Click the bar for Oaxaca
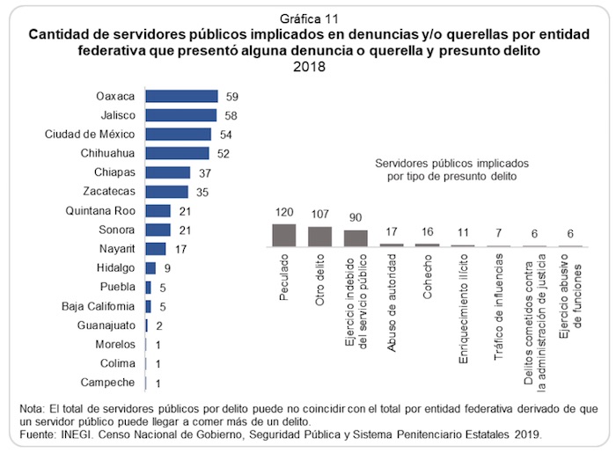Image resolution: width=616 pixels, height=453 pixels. pyautogui.click(x=181, y=96)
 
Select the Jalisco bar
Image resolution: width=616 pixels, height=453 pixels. pyautogui.click(x=181, y=114)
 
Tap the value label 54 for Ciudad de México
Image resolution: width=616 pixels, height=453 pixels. pyautogui.click(x=226, y=134)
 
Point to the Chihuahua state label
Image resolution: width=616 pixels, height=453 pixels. pyautogui.click(x=104, y=152)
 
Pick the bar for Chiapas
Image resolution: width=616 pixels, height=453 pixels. pyautogui.click(x=167, y=172)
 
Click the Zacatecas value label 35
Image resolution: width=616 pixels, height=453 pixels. pyautogui.click(x=202, y=191)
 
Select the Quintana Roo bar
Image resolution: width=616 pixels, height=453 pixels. pyautogui.click(x=158, y=210)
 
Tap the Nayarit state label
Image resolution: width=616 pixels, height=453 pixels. pyautogui.click(x=115, y=248)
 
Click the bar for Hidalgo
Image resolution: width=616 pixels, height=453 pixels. pyautogui.click(x=150, y=267)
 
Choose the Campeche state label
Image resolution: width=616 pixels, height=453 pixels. pyautogui.click(x=108, y=382)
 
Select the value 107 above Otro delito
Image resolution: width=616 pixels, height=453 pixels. pyautogui.click(x=319, y=215)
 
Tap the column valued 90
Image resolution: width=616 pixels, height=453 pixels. pyautogui.click(x=356, y=237)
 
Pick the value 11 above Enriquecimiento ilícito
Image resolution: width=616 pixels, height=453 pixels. pyautogui.click(x=463, y=233)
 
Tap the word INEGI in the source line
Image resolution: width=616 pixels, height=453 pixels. pyautogui.click(x=74, y=435)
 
